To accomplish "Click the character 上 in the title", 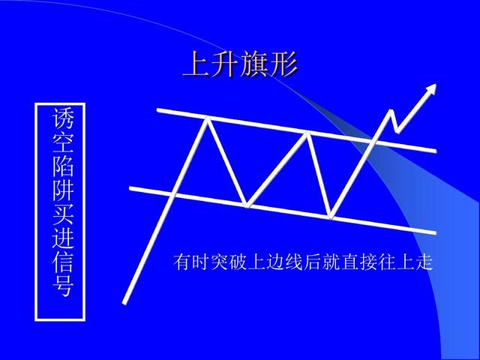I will (x=197, y=65).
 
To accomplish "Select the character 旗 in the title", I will (x=254, y=65).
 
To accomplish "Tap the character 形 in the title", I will (x=283, y=65).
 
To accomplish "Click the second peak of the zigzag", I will (x=307, y=133).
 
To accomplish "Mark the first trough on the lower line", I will (x=248, y=204).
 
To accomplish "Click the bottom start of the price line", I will (x=125, y=302).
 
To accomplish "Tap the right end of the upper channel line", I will (x=434, y=151).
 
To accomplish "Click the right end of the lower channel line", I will (x=434, y=232).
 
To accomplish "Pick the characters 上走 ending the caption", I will (x=416, y=263).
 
